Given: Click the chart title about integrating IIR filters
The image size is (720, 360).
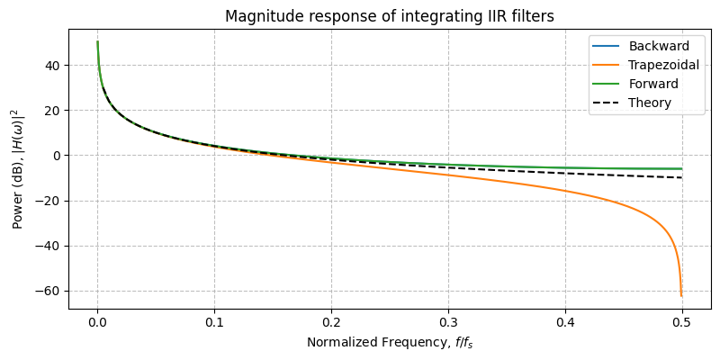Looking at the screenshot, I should [390, 17].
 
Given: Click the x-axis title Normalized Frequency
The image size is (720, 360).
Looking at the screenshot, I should [390, 342].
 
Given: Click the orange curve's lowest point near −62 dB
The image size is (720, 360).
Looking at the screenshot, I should [681, 295].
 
